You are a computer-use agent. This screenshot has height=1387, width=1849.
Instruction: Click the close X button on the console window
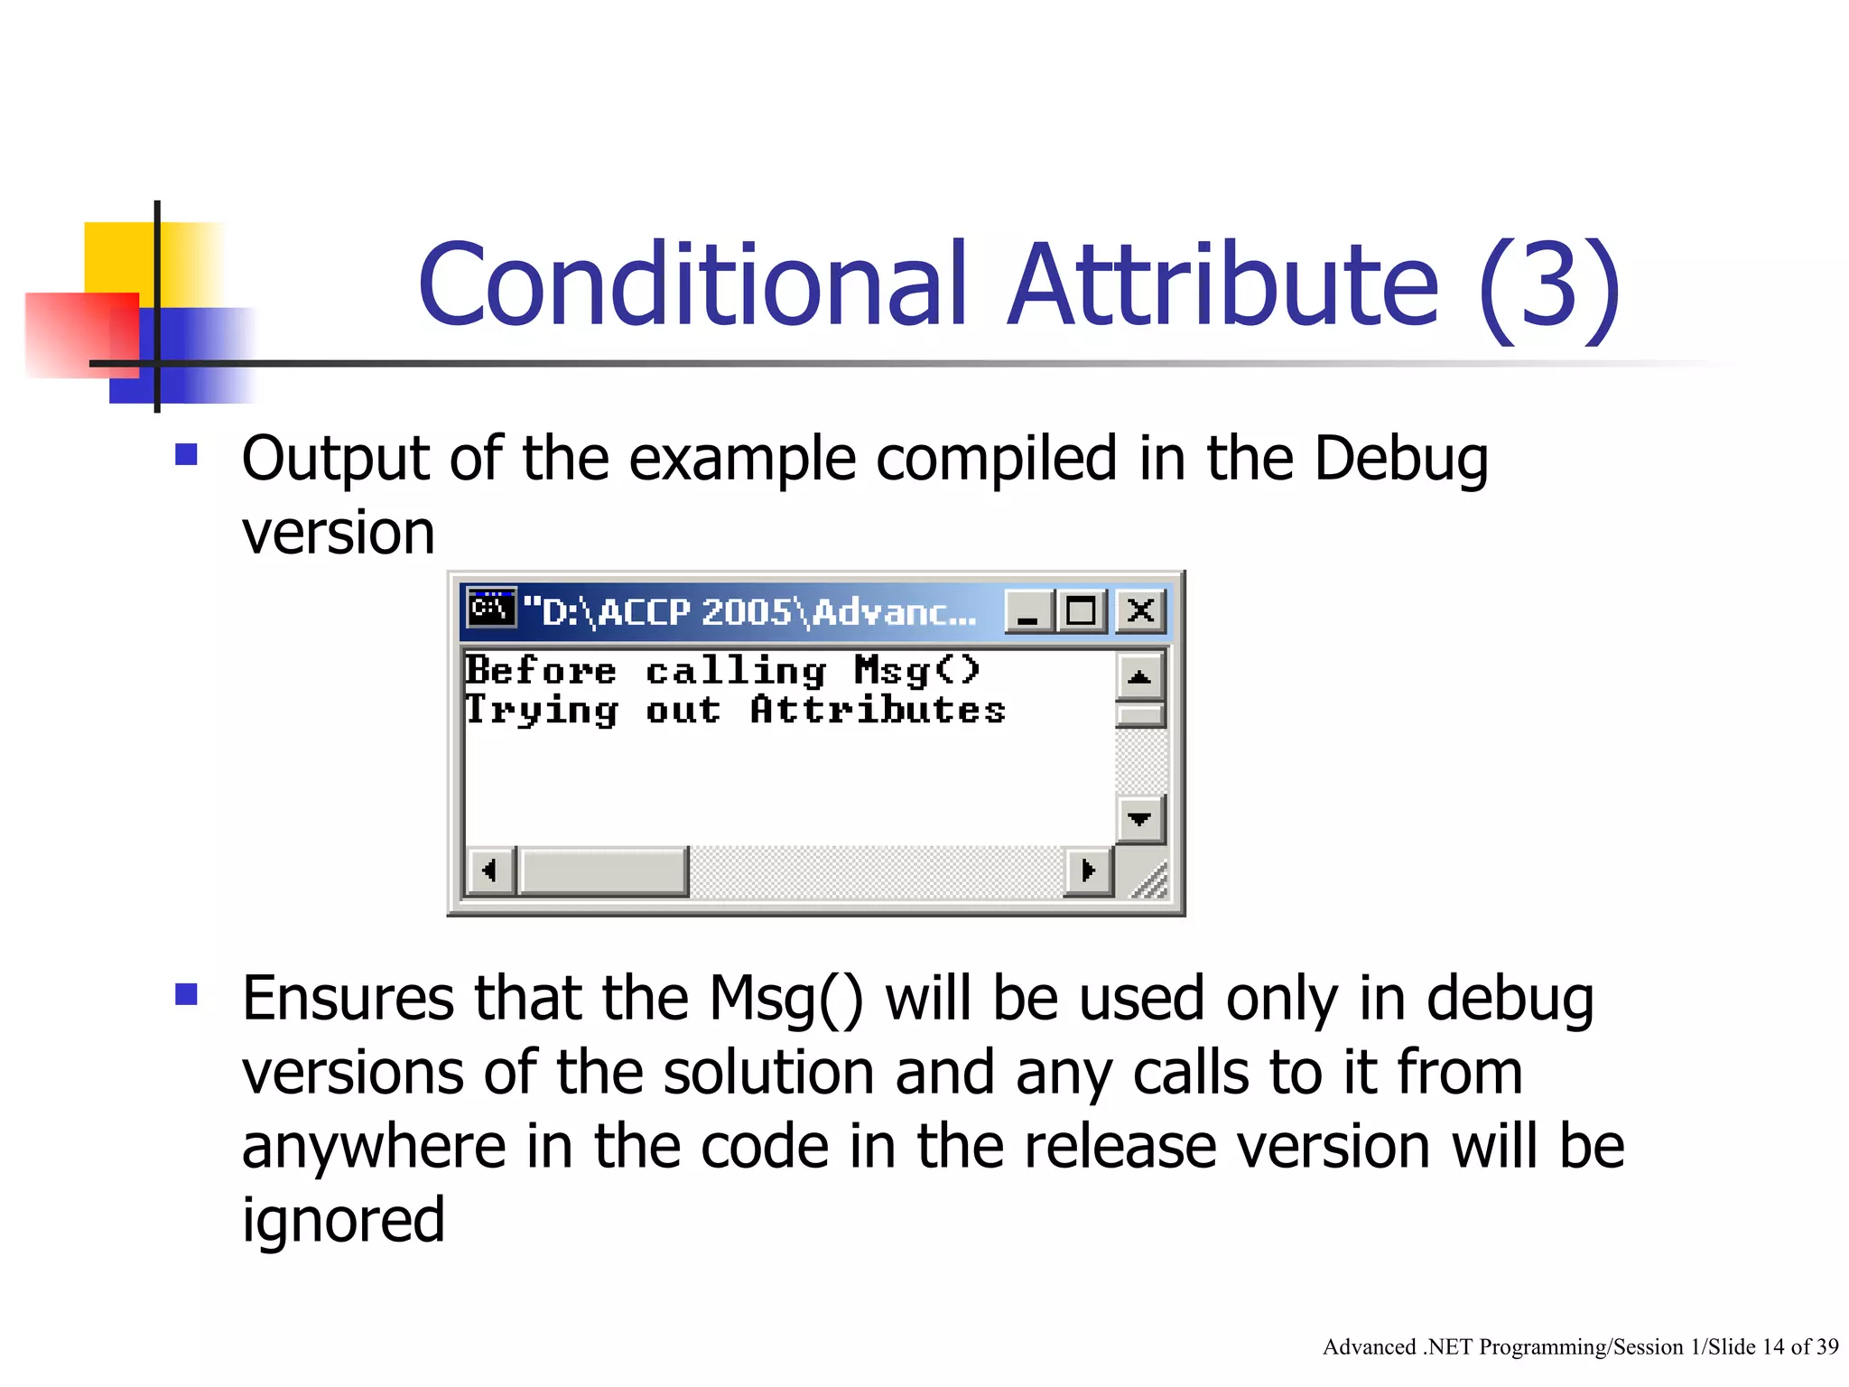1140,611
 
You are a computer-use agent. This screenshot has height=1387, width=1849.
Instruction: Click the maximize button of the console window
1082,611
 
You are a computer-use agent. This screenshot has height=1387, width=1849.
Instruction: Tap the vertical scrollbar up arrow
1139,676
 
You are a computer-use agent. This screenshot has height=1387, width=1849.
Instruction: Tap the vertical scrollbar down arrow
1139,819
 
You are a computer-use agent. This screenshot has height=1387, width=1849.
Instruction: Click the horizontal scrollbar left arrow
490,871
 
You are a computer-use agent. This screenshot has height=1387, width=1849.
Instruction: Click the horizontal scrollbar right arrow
1088,871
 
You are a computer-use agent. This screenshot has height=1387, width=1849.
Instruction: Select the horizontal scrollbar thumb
603,871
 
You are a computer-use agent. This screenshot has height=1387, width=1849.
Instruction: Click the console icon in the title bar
491,608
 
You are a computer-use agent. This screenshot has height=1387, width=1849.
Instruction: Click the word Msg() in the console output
916,671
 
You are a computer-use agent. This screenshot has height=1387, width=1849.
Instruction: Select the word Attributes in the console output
878,710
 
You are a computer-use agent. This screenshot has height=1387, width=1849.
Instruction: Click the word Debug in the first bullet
1399,460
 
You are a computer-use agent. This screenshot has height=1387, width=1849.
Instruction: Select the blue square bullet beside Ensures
186,994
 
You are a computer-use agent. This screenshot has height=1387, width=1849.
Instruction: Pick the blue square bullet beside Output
186,454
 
